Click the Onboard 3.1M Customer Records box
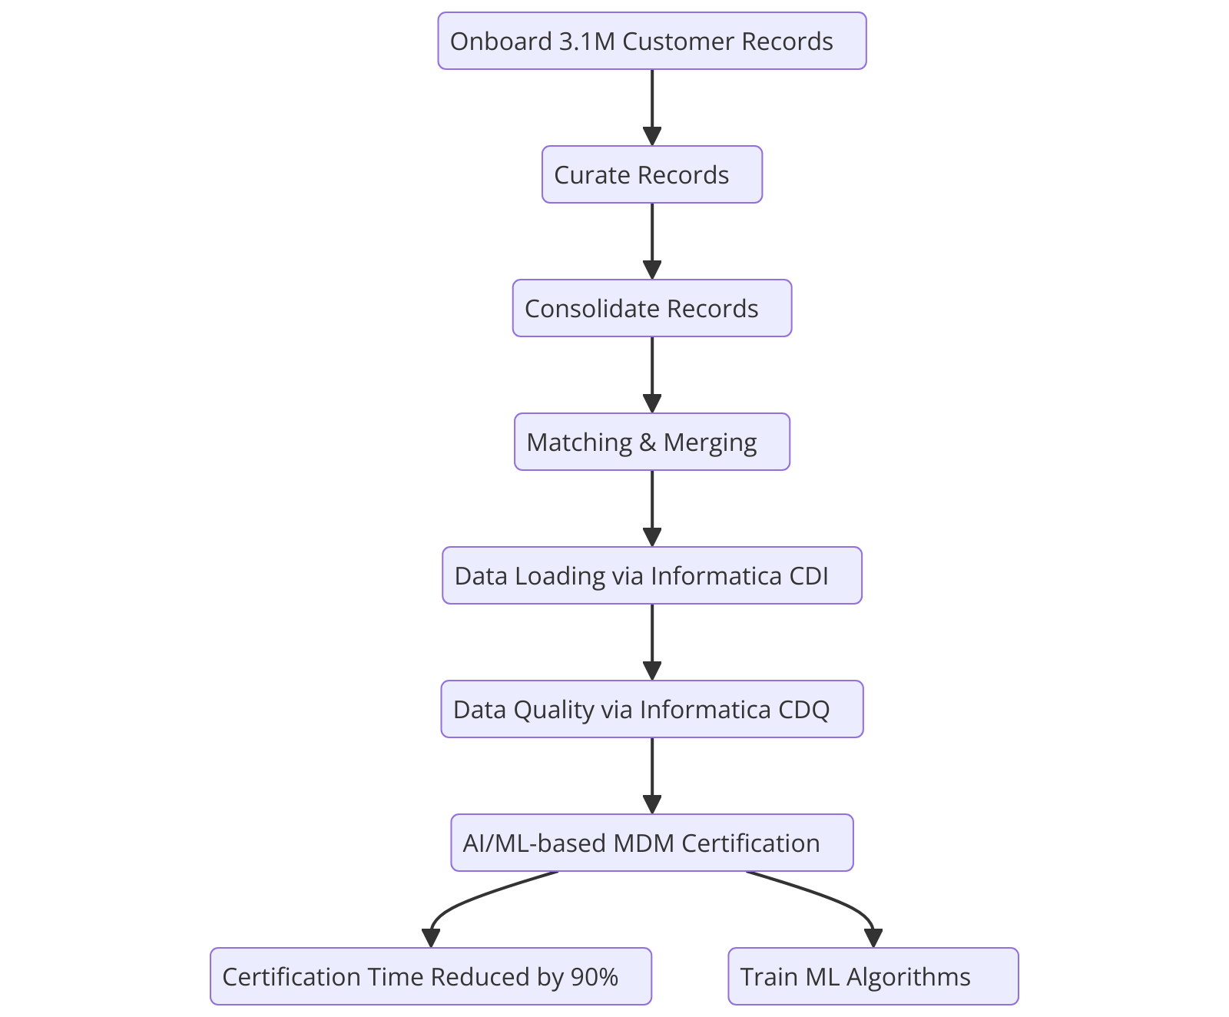651,41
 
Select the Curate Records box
651,174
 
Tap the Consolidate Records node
651,308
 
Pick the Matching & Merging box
651,442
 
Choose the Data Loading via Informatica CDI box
651,575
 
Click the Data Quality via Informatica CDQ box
651,709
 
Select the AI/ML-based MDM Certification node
651,843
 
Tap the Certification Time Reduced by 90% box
430,976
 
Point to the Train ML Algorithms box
873,976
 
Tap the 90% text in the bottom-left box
595,977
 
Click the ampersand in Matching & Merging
648,442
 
